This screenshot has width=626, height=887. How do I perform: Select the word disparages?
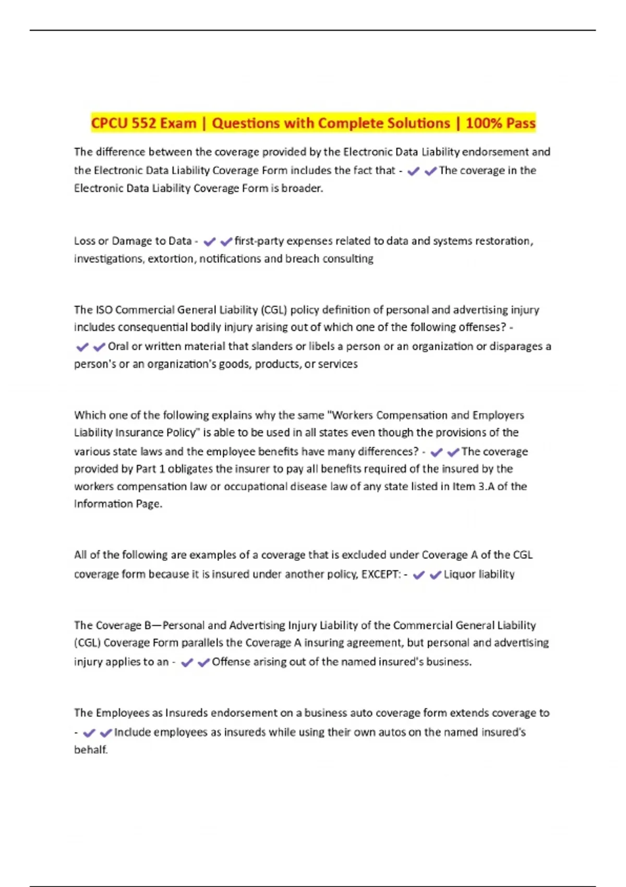tap(516, 346)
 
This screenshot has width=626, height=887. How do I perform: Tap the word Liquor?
tap(460, 574)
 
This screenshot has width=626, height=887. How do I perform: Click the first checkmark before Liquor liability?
tap(418, 575)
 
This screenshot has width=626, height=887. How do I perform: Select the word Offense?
tap(230, 662)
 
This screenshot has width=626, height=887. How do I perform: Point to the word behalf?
tap(90, 750)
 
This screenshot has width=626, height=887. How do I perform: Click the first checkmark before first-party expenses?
tap(209, 242)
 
